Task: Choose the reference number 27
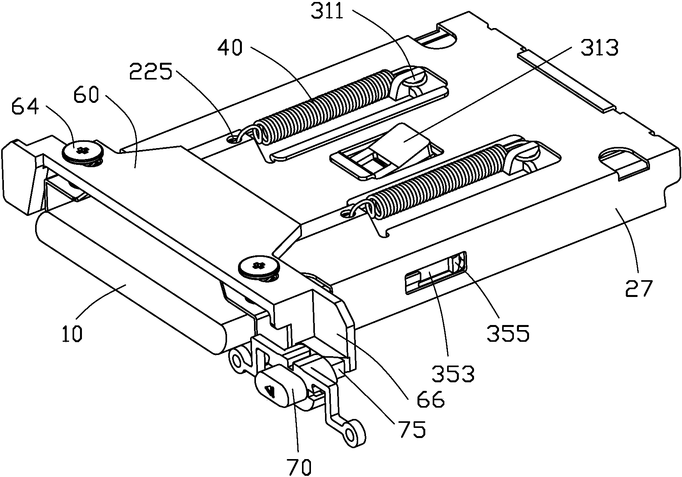[639, 288]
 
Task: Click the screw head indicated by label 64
[82, 150]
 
